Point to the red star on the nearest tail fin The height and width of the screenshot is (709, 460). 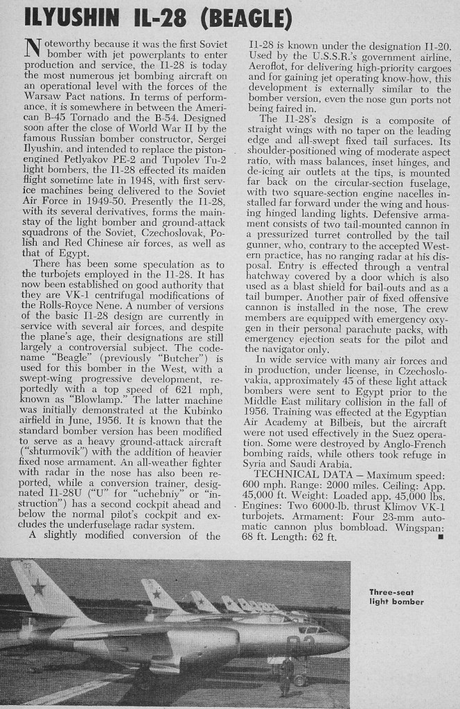pyautogui.click(x=39, y=589)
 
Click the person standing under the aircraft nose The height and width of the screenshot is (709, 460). pyautogui.click(x=285, y=675)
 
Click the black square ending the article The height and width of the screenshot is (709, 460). pyautogui.click(x=441, y=537)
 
